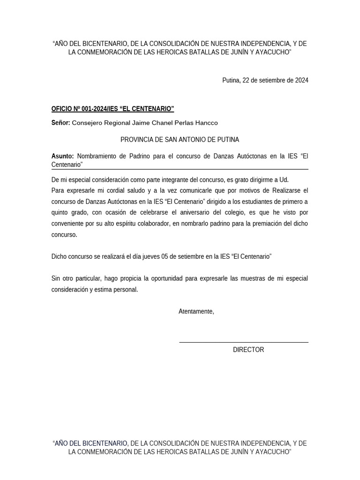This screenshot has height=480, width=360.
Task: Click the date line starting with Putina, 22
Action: click(265, 80)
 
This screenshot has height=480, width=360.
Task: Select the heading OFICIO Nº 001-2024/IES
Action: click(112, 109)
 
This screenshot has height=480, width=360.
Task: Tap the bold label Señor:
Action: click(60, 123)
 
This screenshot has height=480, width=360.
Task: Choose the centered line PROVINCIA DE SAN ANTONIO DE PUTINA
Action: click(180, 140)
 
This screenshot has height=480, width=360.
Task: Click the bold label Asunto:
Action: click(62, 156)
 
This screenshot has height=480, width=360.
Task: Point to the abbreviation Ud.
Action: click(284, 180)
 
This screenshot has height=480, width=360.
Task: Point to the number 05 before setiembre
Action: click(165, 256)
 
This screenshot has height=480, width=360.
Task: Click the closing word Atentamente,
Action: click(196, 311)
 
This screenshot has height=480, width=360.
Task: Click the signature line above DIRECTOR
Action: click(244, 342)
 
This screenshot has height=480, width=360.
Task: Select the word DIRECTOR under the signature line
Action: click(248, 350)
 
